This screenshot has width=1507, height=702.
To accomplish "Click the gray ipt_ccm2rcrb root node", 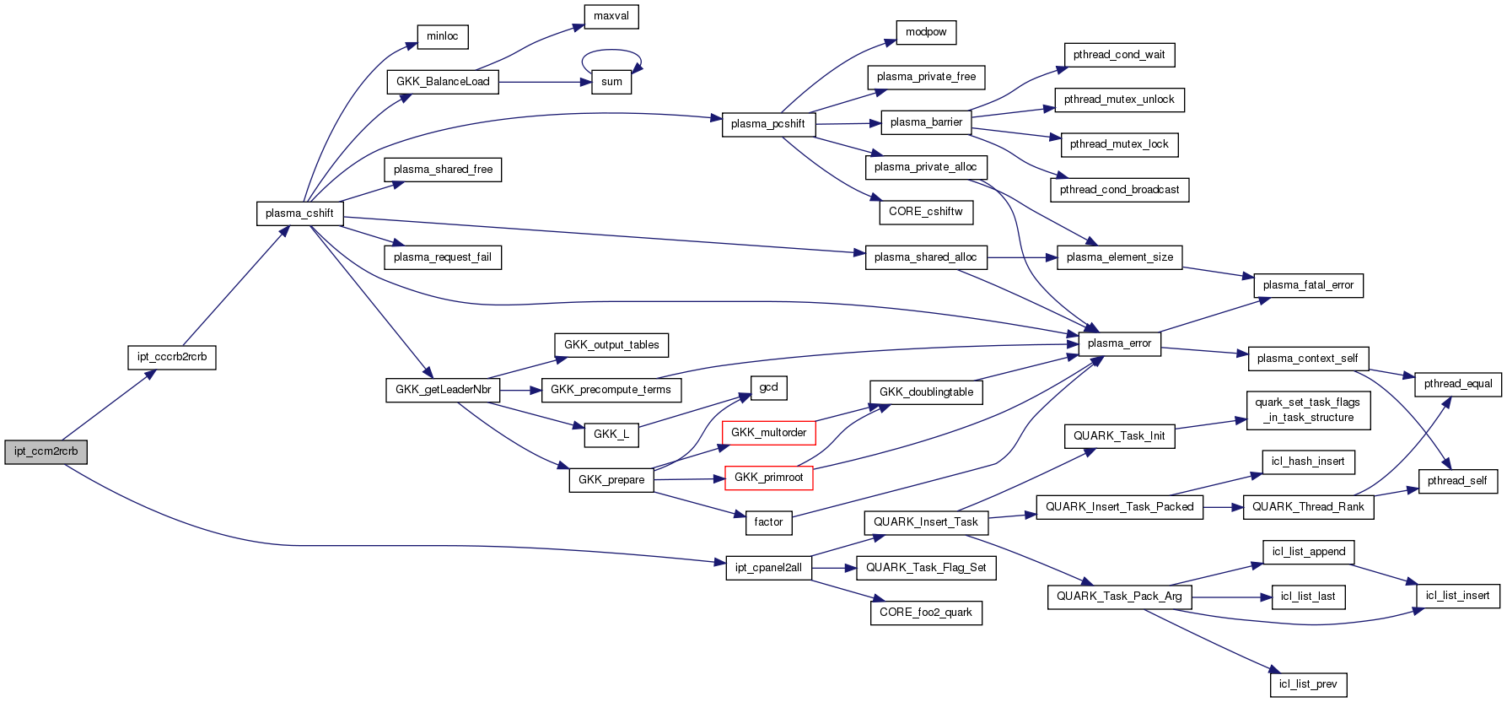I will [x=46, y=451].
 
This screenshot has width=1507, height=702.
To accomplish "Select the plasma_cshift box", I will [x=299, y=213].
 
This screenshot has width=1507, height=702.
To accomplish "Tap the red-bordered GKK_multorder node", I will [x=768, y=433].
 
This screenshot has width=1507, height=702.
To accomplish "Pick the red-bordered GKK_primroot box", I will [x=768, y=478].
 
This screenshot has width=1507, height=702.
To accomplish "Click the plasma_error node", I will [x=1119, y=343].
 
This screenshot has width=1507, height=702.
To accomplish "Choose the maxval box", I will [x=611, y=16].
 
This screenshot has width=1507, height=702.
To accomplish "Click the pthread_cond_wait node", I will [x=1118, y=55].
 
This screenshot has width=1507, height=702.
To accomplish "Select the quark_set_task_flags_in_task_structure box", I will [x=1307, y=410].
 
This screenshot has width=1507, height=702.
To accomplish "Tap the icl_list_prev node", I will [x=1307, y=684].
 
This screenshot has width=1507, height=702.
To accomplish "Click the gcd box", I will [x=768, y=387].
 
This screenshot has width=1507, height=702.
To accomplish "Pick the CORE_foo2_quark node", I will [x=925, y=613].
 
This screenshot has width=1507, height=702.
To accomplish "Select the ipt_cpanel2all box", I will [x=768, y=568].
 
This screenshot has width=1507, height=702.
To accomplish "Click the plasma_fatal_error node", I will [x=1307, y=285].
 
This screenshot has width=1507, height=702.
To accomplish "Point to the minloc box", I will [x=442, y=36].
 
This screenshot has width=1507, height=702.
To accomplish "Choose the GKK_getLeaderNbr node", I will [x=443, y=390].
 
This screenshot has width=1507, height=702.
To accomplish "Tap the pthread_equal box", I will [x=1457, y=384].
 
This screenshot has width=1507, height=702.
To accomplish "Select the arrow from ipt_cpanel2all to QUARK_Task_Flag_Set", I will [x=833, y=568].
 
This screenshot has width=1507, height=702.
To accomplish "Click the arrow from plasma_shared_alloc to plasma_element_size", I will [x=1021, y=257].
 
